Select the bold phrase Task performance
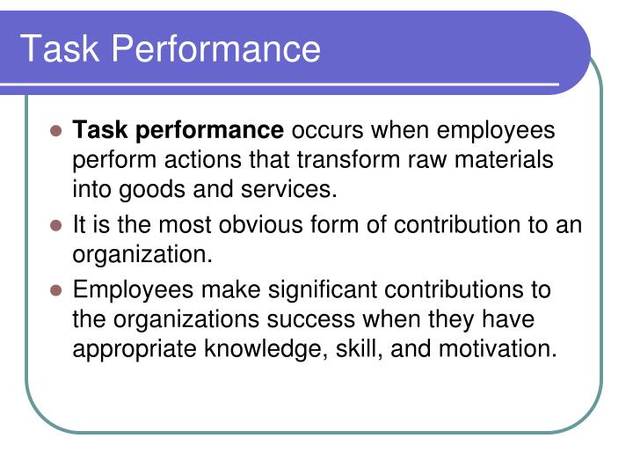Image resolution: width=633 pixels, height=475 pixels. click(x=178, y=131)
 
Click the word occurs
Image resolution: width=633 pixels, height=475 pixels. click(x=327, y=131)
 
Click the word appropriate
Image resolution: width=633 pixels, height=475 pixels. click(x=135, y=348)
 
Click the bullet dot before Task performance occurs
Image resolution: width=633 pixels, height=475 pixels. click(x=55, y=132)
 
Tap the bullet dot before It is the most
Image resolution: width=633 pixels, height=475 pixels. click(x=55, y=225)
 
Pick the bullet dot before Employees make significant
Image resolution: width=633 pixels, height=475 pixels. click(x=55, y=290)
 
